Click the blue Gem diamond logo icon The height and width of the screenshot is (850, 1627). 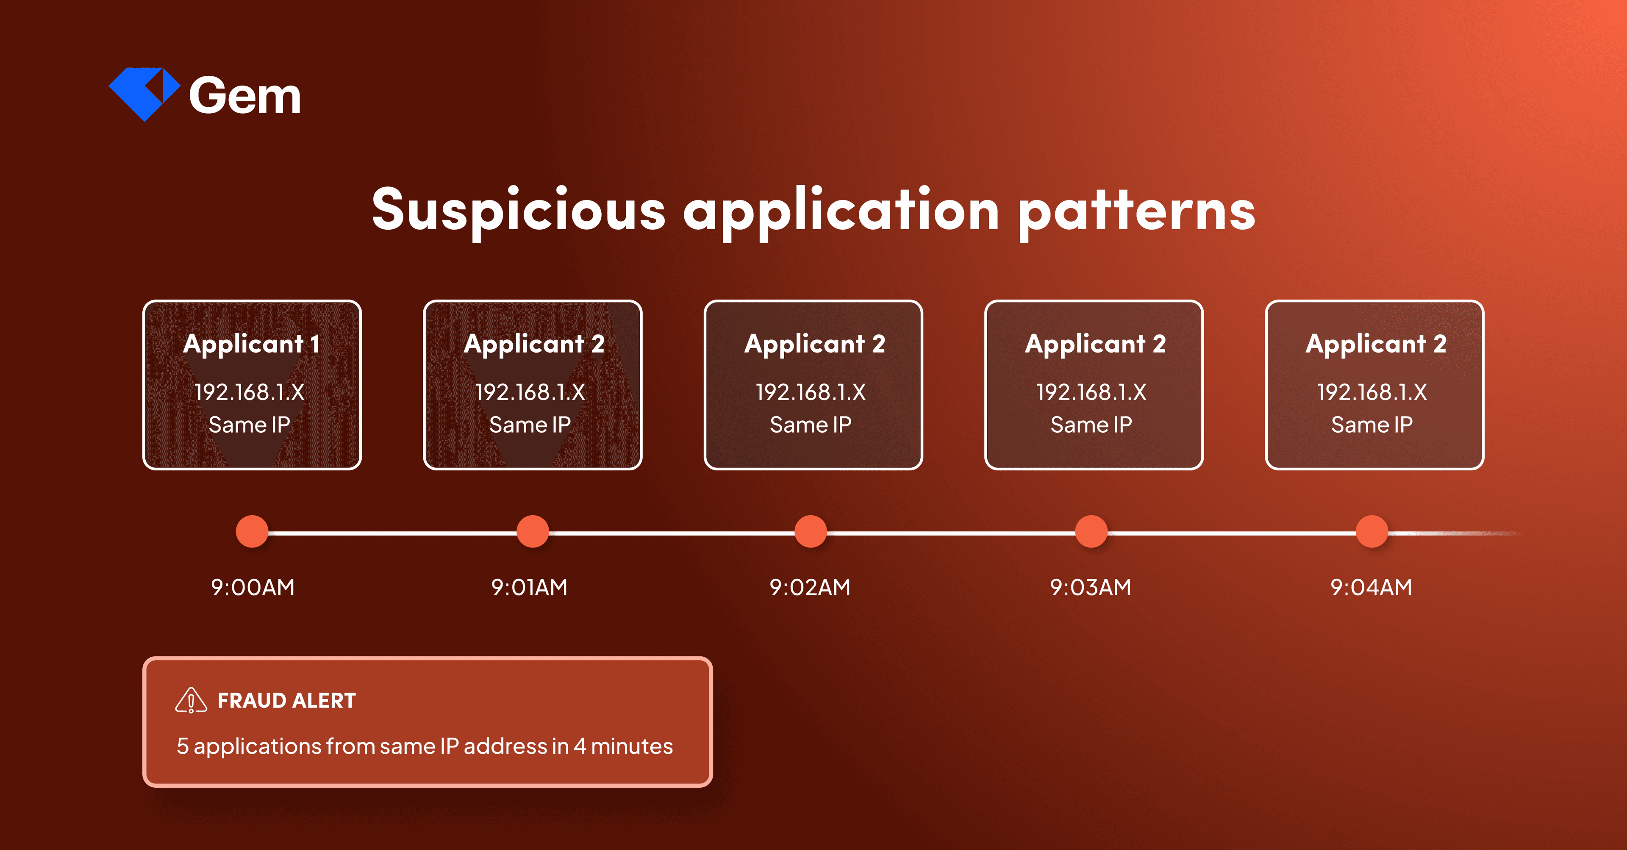[144, 94]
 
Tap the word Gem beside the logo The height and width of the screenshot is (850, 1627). [245, 96]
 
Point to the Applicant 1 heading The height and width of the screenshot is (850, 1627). [251, 344]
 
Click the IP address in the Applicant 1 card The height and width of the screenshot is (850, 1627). [250, 392]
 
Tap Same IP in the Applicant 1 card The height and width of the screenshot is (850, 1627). [250, 425]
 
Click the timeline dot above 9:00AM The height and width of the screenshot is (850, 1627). [252, 532]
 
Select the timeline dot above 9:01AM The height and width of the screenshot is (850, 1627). [533, 532]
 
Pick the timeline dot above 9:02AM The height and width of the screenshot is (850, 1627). [811, 532]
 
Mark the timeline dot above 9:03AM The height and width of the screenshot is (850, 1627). [1091, 532]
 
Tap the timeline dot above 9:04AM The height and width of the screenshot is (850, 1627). [1371, 532]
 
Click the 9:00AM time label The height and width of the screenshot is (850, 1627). [253, 587]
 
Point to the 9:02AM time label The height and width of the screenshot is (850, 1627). [810, 587]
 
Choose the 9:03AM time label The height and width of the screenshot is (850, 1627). [1090, 587]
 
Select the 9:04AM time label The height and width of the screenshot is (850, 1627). [1371, 587]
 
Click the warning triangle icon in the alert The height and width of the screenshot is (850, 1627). [191, 700]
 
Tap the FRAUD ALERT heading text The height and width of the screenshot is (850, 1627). [287, 701]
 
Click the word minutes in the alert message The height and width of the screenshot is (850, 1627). [632, 747]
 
